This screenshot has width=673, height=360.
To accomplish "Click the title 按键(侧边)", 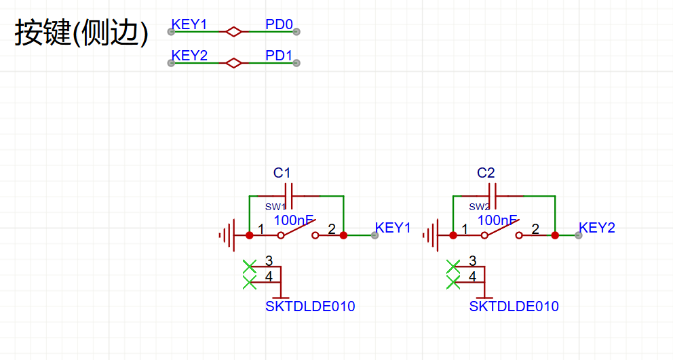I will click(81, 33).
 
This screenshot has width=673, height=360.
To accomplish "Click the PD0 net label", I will click(279, 25).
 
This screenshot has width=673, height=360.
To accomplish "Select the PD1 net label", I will click(279, 56).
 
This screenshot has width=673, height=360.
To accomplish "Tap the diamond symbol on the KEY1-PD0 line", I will click(233, 31).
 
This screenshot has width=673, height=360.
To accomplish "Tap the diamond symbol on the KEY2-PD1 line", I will click(233, 63).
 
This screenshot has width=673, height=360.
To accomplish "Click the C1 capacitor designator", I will click(282, 173).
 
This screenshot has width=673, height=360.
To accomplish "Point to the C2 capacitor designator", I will click(486, 173).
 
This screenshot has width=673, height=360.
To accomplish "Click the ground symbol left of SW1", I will click(228, 235).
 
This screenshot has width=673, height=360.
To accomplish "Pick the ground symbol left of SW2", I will click(431, 235).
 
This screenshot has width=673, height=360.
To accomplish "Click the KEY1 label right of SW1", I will click(393, 228).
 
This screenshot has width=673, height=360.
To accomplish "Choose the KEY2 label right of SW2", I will click(597, 228).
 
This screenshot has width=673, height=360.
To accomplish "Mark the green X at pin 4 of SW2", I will click(453, 281).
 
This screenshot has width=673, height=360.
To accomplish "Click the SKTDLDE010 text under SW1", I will click(310, 306).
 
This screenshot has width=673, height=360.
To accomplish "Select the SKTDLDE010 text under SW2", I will click(514, 306).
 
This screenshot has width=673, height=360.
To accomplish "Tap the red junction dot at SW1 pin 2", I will click(344, 235).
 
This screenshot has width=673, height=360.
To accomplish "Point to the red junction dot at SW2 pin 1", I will click(453, 235).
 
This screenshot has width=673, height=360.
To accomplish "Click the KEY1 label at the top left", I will click(189, 25).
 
